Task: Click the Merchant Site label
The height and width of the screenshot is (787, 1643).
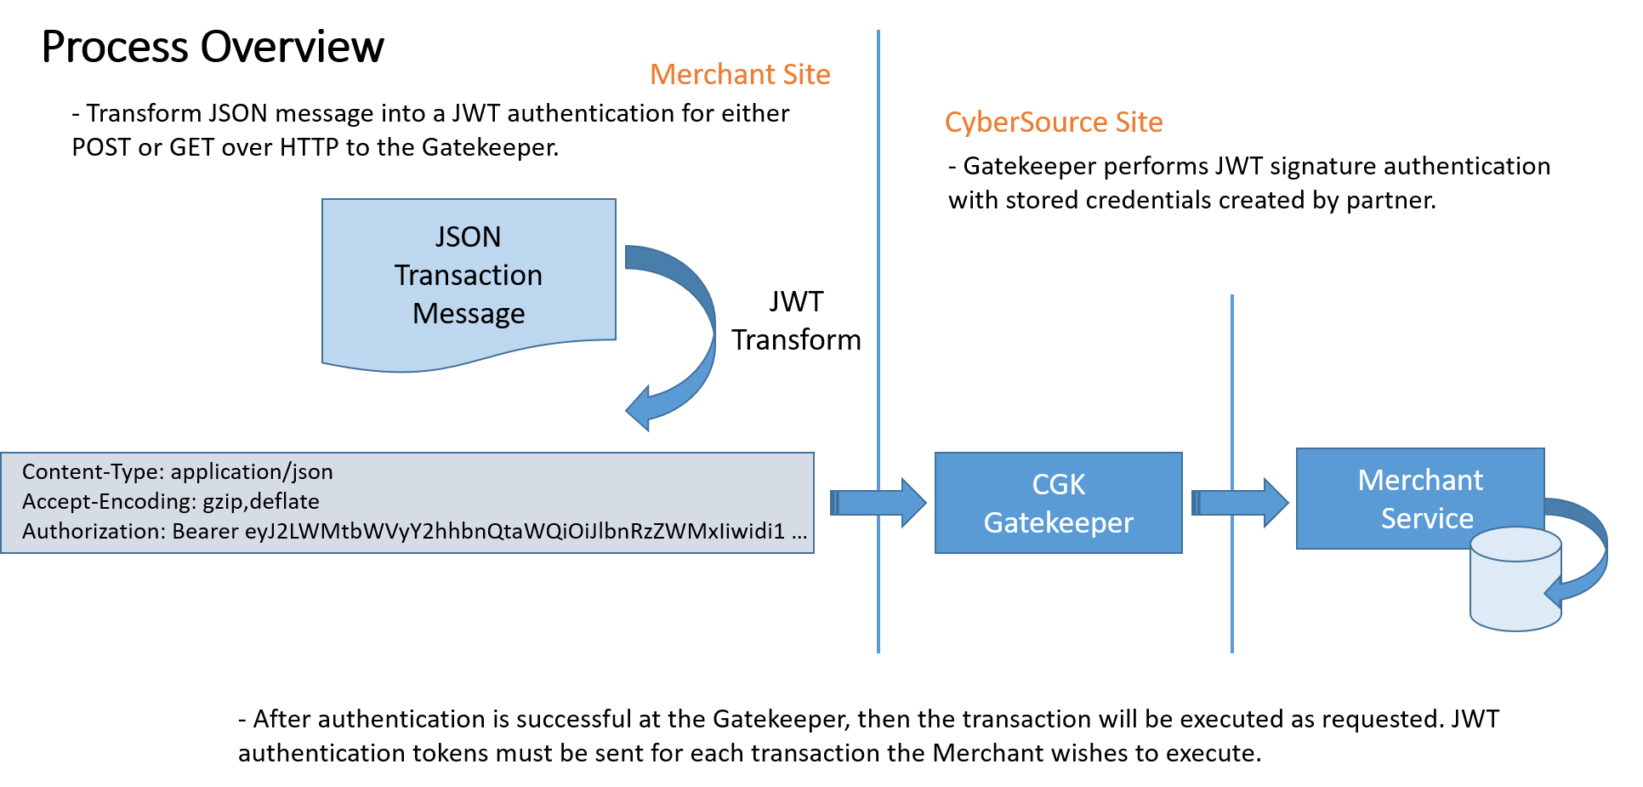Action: tap(740, 75)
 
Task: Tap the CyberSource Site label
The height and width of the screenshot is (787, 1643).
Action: tap(1054, 123)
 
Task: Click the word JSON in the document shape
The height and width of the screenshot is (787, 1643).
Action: tap(468, 237)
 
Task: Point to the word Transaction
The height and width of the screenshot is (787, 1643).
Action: tap(468, 276)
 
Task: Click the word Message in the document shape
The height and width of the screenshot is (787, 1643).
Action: tap(469, 314)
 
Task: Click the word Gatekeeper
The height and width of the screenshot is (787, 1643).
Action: tap(1058, 522)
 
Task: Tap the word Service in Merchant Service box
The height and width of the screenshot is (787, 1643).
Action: tap(1427, 518)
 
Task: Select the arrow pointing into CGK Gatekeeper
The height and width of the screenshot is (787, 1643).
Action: tap(878, 503)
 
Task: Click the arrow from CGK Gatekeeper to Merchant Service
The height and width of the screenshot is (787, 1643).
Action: tap(1240, 503)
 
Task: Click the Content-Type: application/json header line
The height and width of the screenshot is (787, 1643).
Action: tap(177, 472)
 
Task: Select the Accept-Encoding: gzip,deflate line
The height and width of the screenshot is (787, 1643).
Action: tap(170, 501)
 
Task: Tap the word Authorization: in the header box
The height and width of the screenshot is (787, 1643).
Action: tap(94, 531)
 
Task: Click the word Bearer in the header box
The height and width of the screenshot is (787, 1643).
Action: tap(205, 531)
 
